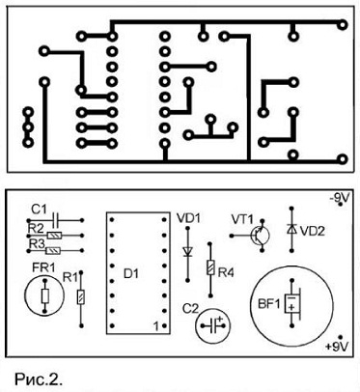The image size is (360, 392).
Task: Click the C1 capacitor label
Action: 39,210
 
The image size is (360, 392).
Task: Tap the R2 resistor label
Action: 36,228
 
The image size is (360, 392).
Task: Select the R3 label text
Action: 36,243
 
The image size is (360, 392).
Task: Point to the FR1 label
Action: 43,267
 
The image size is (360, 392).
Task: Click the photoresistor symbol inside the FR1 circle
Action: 45,295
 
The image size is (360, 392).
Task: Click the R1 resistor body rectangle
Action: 81,297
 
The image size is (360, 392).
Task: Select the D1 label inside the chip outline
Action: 131,274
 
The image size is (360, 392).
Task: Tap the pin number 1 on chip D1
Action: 156,326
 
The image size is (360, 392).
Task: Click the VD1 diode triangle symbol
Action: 187,251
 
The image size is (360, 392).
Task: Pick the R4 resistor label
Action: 226,273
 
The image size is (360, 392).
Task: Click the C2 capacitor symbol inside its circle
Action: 213,325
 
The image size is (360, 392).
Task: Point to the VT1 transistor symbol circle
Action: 261,236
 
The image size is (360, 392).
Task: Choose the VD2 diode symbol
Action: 291,229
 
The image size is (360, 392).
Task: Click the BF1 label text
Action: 269,304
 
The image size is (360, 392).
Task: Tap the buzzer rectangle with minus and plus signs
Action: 291,303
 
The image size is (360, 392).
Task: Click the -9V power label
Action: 339,198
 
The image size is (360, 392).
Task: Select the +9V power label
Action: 337,347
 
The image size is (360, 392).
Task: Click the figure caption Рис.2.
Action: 38,379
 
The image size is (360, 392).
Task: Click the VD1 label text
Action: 188,219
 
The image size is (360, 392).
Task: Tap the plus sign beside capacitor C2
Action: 221,320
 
